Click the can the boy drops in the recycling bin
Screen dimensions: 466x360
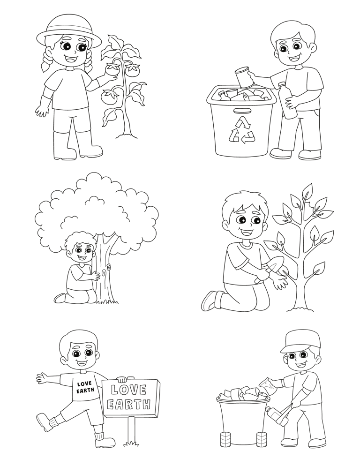243,77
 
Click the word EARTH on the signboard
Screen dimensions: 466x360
129,404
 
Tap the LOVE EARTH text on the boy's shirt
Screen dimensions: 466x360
85,387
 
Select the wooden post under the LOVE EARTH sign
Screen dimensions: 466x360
132,429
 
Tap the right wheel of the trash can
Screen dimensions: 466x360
262,439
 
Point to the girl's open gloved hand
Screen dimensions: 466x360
42,110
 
